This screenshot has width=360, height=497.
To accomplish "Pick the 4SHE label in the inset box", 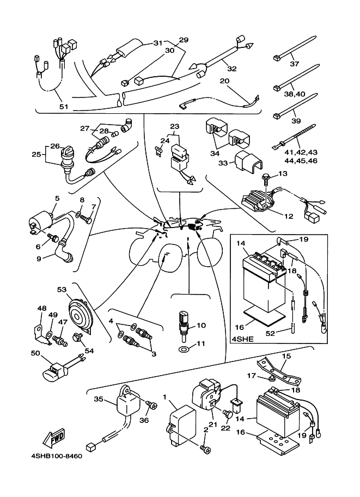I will click(240, 338).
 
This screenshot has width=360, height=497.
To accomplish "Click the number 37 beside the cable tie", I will click(295, 64).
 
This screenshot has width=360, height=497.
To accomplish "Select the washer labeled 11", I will click(185, 348).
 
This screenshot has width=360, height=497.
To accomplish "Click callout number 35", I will click(99, 399).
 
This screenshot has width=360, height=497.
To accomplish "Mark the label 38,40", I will click(295, 94).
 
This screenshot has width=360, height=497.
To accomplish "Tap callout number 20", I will click(224, 81).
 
